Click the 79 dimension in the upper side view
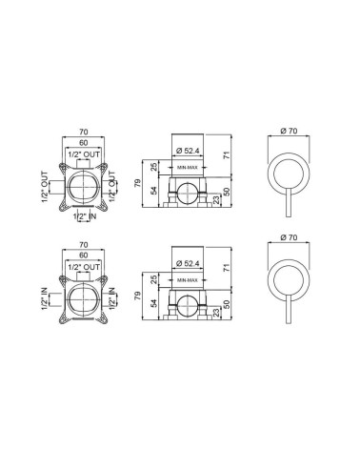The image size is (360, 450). [137, 183]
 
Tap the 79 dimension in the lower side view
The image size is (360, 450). [137, 297]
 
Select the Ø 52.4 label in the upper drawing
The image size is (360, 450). [188, 151]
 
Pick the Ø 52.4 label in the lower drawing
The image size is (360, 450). [188, 263]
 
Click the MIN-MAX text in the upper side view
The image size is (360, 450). [188, 168]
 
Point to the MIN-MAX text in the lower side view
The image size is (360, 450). [188, 280]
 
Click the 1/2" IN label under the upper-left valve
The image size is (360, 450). [85, 216]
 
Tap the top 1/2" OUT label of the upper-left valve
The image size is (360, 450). [84, 154]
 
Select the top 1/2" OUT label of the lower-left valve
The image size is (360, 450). [84, 267]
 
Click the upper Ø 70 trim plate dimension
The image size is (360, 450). [289, 131]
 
